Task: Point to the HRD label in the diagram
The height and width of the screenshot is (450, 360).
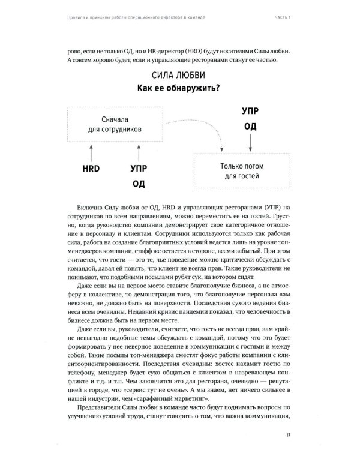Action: coord(90,170)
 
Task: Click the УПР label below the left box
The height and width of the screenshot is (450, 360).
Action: coord(138,170)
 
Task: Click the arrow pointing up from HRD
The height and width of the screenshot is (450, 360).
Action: coord(90,150)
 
